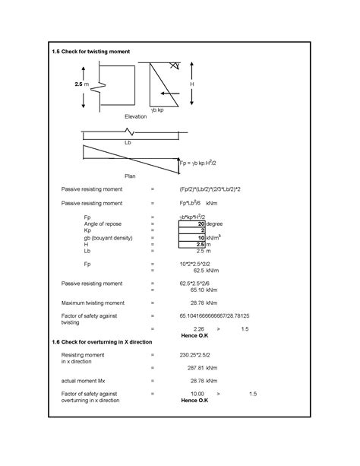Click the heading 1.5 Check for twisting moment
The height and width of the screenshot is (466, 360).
pos(91,52)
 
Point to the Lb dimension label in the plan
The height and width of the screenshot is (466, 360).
pos(128,142)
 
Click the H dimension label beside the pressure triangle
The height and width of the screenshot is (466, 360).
pos(192,84)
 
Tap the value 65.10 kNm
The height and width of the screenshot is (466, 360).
pos(197,290)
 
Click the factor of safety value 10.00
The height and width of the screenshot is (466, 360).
pos(197,393)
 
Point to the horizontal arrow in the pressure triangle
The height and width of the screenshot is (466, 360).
pos(172,93)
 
